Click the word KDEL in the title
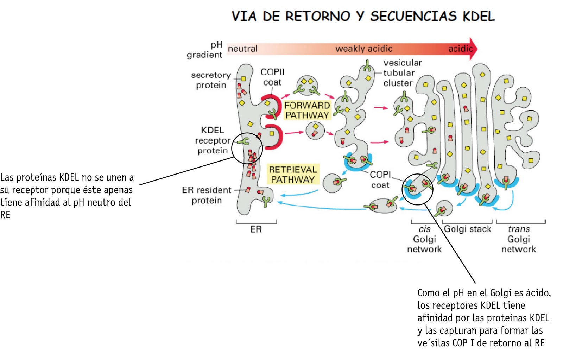pyautogui.click(x=479, y=16)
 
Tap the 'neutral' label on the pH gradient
pyautogui.click(x=242, y=49)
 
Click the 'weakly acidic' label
pyautogui.click(x=364, y=49)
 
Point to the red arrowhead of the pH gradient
pyautogui.click(x=474, y=49)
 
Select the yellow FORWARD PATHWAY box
pyautogui.click(x=307, y=110)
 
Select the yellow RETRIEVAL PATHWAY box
pyautogui.click(x=293, y=174)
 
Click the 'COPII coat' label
pyautogui.click(x=272, y=77)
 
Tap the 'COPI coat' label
pyautogui.click(x=380, y=179)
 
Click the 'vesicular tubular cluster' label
pyautogui.click(x=402, y=73)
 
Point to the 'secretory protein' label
pyautogui.click(x=211, y=80)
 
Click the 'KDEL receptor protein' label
pyautogui.click(x=213, y=140)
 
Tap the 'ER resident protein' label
pyautogui.click(x=207, y=195)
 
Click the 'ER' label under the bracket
pyautogui.click(x=256, y=229)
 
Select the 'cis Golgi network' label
pyautogui.click(x=424, y=239)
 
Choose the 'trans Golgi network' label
pyautogui.click(x=519, y=239)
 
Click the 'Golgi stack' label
pyautogui.click(x=467, y=229)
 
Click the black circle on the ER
pyautogui.click(x=247, y=148)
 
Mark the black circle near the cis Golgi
pyautogui.click(x=417, y=189)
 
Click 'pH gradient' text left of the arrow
pyautogui.click(x=205, y=50)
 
